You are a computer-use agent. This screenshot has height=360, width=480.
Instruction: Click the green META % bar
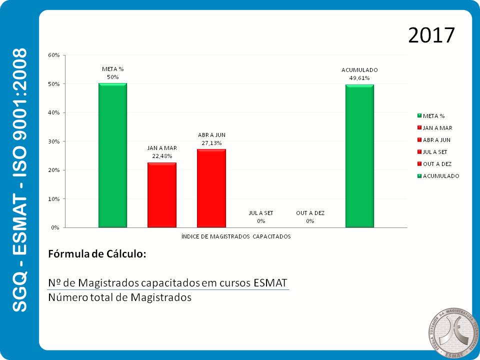click(112, 155)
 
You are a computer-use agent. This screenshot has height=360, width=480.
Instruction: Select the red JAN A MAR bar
click(161, 195)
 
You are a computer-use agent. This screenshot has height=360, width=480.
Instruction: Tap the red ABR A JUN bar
click(211, 188)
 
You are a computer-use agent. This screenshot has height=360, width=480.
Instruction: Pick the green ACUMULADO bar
click(359, 156)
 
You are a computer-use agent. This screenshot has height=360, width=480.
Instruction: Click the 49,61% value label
click(359, 78)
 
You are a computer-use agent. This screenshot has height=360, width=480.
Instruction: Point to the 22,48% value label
click(162, 156)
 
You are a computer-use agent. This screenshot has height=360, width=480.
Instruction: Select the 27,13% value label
click(211, 142)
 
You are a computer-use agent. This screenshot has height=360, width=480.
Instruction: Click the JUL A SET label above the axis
click(261, 213)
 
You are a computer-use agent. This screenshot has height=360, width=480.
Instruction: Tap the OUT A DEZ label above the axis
click(310, 213)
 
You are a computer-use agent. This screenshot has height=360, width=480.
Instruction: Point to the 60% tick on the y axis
click(54, 55)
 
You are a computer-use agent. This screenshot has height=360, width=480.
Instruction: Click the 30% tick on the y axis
click(54, 141)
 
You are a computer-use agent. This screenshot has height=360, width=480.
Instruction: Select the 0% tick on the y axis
click(55, 227)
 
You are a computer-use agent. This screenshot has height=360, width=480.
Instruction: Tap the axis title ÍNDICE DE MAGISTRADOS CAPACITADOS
click(236, 236)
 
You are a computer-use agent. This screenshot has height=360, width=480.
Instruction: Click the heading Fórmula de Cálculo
click(97, 254)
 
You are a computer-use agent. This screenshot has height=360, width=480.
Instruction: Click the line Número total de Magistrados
click(119, 297)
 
